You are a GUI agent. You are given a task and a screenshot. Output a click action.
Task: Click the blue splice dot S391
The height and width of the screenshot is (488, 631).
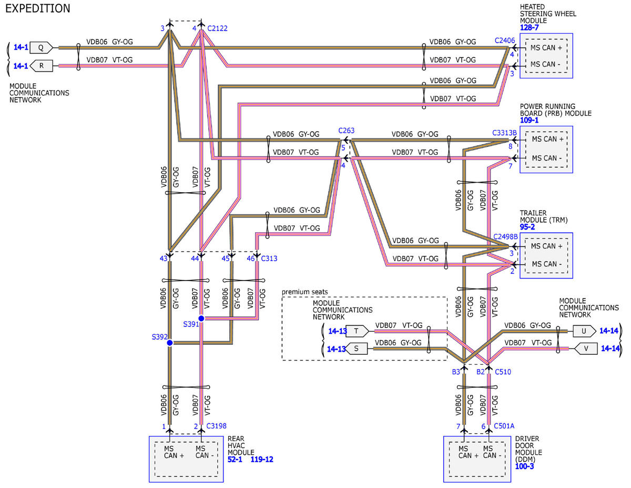(201, 318)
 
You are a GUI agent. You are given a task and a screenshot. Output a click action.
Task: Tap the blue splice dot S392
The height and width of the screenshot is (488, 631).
(170, 343)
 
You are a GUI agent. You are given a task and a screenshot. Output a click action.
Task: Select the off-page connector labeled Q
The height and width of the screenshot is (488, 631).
(42, 48)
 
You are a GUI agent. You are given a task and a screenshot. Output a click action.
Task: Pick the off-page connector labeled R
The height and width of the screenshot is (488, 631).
(42, 66)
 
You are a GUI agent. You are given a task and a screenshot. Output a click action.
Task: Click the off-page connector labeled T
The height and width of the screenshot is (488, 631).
(358, 331)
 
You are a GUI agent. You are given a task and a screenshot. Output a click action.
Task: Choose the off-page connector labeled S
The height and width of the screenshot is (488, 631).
(357, 349)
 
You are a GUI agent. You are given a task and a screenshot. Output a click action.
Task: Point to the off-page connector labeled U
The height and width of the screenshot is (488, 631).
(584, 331)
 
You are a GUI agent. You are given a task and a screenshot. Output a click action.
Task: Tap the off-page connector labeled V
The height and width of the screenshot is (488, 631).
(586, 349)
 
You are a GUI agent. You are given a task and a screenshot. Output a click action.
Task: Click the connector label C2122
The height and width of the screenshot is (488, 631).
(218, 28)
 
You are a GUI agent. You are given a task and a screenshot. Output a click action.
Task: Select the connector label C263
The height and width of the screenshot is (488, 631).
(347, 131)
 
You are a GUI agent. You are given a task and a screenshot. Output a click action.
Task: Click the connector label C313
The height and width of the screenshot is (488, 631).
(269, 258)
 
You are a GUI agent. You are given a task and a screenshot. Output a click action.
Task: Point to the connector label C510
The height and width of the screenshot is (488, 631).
(503, 372)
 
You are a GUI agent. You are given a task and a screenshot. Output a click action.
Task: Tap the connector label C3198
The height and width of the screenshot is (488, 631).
(216, 426)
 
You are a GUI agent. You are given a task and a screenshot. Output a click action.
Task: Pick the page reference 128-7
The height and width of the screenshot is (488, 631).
(530, 27)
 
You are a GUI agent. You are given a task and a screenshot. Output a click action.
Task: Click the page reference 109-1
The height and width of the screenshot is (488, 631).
(529, 121)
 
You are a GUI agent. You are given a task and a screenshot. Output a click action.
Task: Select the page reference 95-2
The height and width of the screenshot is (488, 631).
(527, 227)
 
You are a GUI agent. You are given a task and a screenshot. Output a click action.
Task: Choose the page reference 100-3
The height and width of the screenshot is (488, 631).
(524, 466)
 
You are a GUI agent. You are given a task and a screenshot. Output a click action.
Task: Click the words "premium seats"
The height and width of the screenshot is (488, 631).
(304, 292)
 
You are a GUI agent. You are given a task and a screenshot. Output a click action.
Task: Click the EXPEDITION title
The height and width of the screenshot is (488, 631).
(38, 8)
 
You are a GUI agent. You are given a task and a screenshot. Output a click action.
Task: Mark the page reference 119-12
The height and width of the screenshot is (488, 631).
(262, 459)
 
